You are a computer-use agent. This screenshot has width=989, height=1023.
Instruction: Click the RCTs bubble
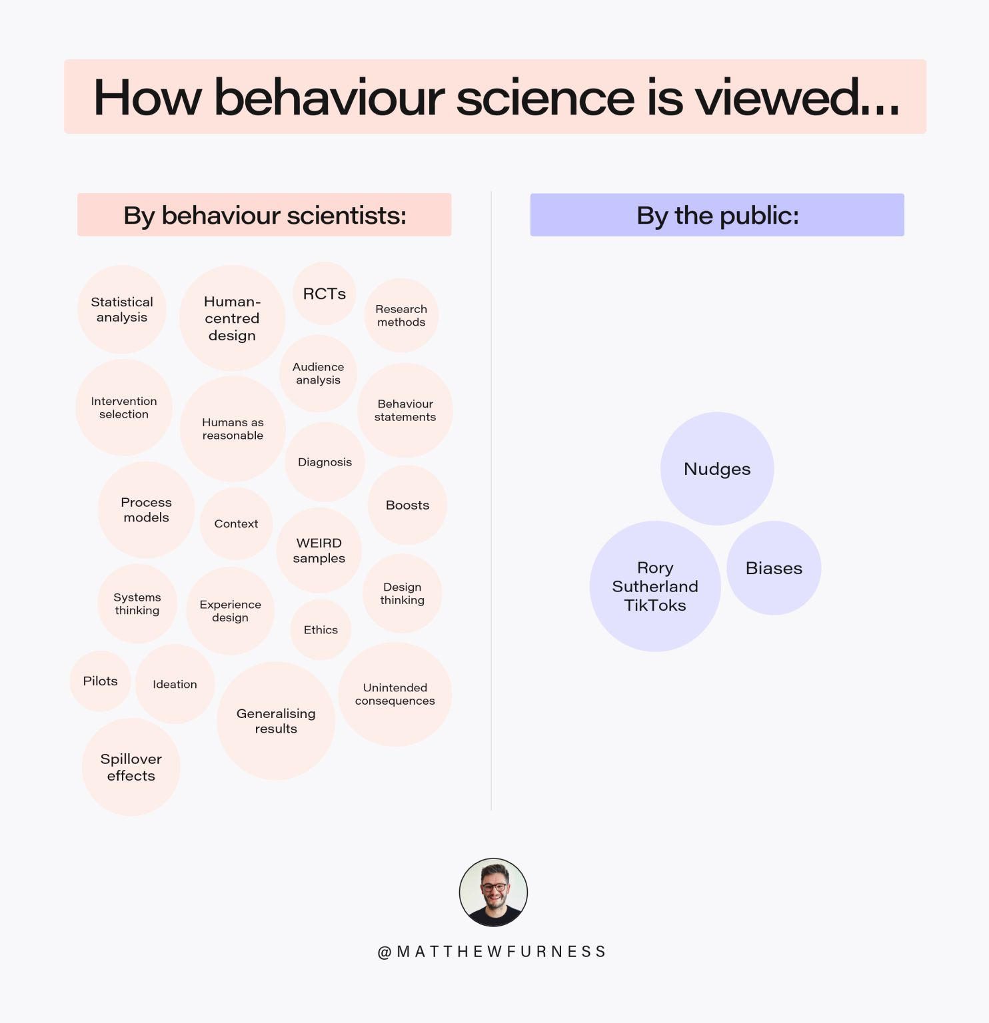click(x=324, y=294)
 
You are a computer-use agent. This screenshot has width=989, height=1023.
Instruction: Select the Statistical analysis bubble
click(x=122, y=310)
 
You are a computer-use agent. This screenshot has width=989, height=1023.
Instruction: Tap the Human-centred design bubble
click(x=232, y=318)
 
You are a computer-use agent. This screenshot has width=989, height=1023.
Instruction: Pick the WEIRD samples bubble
click(x=319, y=550)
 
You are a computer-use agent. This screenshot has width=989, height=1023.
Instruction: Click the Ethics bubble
click(x=321, y=629)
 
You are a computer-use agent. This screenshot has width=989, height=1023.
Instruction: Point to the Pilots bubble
click(x=100, y=681)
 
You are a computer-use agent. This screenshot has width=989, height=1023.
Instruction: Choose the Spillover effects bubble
click(x=131, y=767)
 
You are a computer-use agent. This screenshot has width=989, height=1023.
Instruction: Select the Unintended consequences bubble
click(x=395, y=694)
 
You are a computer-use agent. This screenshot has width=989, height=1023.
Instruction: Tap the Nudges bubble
click(x=717, y=469)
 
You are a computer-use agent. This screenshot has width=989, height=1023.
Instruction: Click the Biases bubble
click(x=774, y=568)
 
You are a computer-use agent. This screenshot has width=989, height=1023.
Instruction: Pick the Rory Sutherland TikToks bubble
click(x=655, y=586)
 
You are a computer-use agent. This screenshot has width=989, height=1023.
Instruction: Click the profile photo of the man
click(x=493, y=892)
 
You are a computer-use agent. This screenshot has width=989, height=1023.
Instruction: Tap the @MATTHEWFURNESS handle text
click(x=492, y=952)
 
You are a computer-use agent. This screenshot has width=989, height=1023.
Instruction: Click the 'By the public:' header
click(x=717, y=215)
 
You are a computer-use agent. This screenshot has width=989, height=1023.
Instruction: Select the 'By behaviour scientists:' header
click(x=265, y=215)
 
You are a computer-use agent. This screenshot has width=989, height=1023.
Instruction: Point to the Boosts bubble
click(x=407, y=505)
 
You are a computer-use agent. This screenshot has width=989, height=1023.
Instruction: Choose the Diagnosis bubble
click(x=325, y=462)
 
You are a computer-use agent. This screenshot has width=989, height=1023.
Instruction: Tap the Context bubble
click(x=236, y=523)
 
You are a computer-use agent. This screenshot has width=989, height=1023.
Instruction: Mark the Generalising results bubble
click(x=276, y=721)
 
